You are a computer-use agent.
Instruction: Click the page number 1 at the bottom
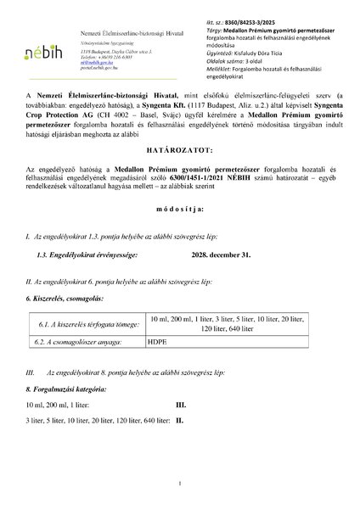[x=181, y=484]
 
